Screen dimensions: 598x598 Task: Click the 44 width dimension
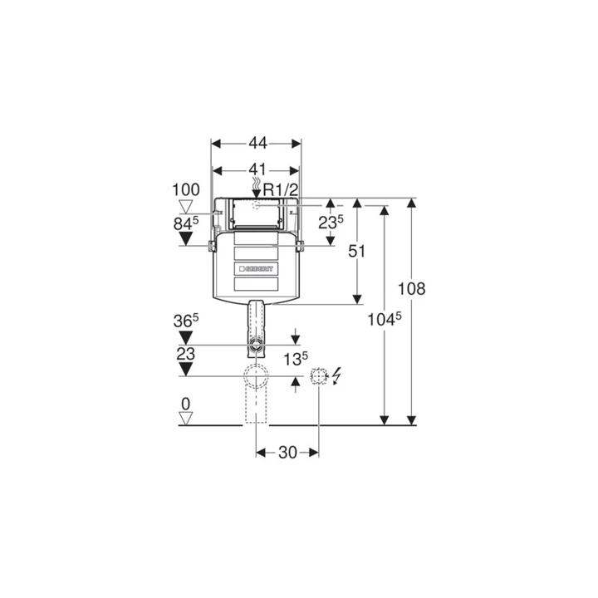tap(257, 144)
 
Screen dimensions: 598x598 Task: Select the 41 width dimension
tap(257, 169)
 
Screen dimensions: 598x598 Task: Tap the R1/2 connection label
tap(281, 190)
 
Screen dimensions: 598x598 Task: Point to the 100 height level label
tap(186, 190)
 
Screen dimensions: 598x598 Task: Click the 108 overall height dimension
tap(411, 289)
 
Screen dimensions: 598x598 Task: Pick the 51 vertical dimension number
tap(356, 251)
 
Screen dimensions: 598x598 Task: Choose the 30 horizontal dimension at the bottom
tap(287, 453)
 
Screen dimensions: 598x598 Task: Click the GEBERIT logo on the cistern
tap(257, 268)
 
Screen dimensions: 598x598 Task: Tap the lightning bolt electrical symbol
tap(336, 375)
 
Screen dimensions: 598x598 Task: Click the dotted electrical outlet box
tap(318, 376)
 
